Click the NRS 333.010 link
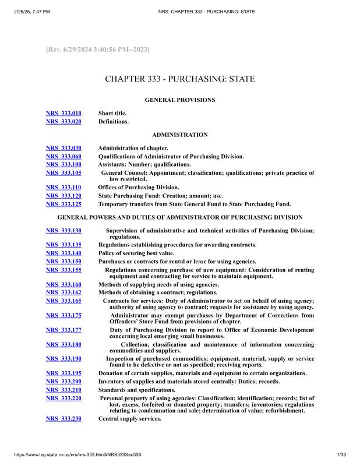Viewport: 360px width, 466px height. pyautogui.click(x=63, y=113)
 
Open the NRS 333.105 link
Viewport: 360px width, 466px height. pyautogui.click(x=63, y=173)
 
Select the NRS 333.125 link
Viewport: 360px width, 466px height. pyautogui.click(x=63, y=204)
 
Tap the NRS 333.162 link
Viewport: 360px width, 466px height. pyautogui.click(x=63, y=292)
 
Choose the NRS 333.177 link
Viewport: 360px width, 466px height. pyautogui.click(x=63, y=330)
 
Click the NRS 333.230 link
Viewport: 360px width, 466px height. pyautogui.click(x=63, y=418)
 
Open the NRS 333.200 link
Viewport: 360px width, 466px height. pyautogui.click(x=63, y=382)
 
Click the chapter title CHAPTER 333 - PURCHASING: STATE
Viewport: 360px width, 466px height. pyautogui.click(x=179, y=79)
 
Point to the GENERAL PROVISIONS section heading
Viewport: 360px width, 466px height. pyautogui.click(x=179, y=100)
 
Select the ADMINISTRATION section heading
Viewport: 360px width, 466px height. pyautogui.click(x=179, y=135)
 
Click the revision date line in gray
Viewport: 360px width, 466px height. pyautogui.click(x=97, y=50)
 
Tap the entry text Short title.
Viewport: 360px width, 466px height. pyautogui.click(x=112, y=113)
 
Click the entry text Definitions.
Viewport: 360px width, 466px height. pyautogui.click(x=114, y=122)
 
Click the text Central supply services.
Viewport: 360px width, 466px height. pyautogui.click(x=129, y=418)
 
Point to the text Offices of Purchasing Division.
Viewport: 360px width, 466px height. pyautogui.click(x=139, y=187)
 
